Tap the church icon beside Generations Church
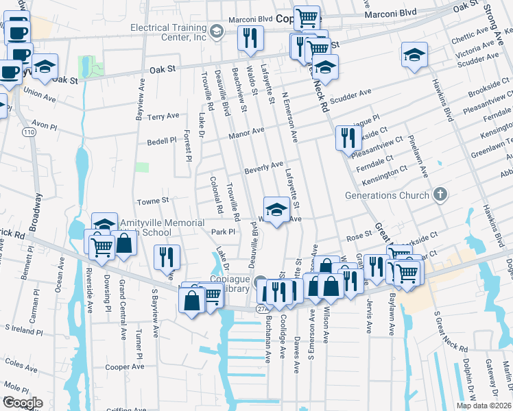(x=441, y=195)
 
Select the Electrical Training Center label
(x=168, y=32)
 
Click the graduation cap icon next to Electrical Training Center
(x=216, y=32)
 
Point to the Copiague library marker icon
(x=261, y=282)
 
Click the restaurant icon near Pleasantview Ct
(x=348, y=137)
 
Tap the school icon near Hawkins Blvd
(x=414, y=55)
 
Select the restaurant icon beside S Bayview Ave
(x=167, y=257)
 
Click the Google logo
(x=22, y=403)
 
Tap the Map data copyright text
(x=484, y=406)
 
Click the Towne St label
(x=153, y=201)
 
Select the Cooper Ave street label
(x=125, y=366)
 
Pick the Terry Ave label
(x=163, y=117)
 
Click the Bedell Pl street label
(x=162, y=141)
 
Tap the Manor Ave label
(x=248, y=132)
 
